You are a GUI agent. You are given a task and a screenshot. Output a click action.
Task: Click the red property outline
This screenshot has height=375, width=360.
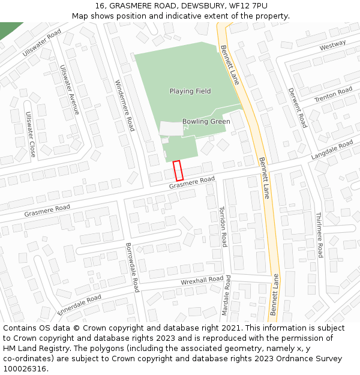(178, 170)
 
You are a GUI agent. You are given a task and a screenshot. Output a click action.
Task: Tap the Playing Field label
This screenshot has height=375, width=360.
(190, 91)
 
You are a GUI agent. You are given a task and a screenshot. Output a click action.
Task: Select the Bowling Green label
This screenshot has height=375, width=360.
(206, 121)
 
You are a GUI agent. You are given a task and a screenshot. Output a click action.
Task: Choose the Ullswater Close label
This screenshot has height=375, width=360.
(29, 134)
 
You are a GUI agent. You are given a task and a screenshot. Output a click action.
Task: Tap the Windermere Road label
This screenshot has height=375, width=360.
(125, 106)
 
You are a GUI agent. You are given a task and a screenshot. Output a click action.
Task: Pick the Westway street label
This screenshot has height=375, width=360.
(333, 46)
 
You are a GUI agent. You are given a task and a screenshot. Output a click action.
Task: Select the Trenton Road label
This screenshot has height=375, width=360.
(333, 94)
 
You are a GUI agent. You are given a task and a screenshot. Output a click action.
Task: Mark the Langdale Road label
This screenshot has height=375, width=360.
(332, 149)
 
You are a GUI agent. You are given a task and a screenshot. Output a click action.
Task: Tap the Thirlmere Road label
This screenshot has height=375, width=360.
(319, 235)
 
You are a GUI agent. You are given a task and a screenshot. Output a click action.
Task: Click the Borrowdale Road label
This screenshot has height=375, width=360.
(132, 267)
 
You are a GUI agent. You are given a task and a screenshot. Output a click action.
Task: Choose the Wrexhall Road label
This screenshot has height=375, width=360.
(202, 281)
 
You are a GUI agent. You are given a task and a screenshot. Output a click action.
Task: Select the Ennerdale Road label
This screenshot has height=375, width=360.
(79, 304)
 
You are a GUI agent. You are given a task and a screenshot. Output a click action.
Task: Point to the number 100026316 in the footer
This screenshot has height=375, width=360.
(23, 368)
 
